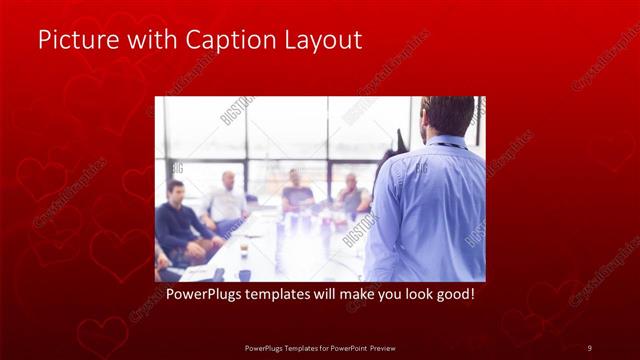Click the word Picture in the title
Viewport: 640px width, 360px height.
(x=73, y=40)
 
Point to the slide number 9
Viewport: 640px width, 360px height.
(x=589, y=347)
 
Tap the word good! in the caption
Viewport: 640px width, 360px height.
(x=451, y=296)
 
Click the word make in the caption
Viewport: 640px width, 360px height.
(x=356, y=296)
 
